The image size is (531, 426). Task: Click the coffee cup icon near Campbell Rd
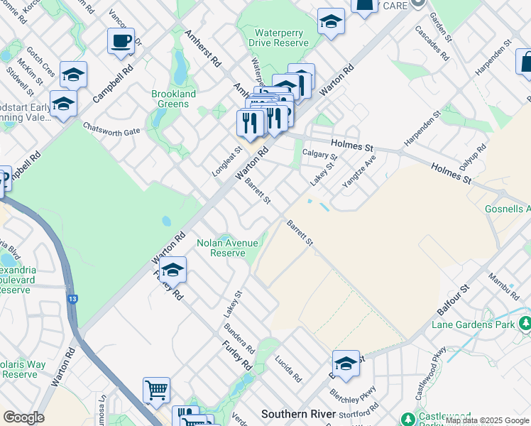pyautogui.click(x=121, y=40)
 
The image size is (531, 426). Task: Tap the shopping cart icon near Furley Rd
pyautogui.click(x=156, y=390)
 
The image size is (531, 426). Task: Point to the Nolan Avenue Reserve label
pyautogui.click(x=227, y=248)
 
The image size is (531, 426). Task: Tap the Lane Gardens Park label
pyautogui.click(x=473, y=324)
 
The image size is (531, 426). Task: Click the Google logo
pyautogui.click(x=23, y=417)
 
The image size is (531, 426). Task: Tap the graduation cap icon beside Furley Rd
pyautogui.click(x=173, y=270)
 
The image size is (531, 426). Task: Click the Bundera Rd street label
pyautogui.click(x=239, y=339)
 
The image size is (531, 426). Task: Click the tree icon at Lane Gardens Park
pyautogui.click(x=525, y=324)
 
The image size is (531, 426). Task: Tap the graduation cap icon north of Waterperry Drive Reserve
pyautogui.click(x=331, y=22)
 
